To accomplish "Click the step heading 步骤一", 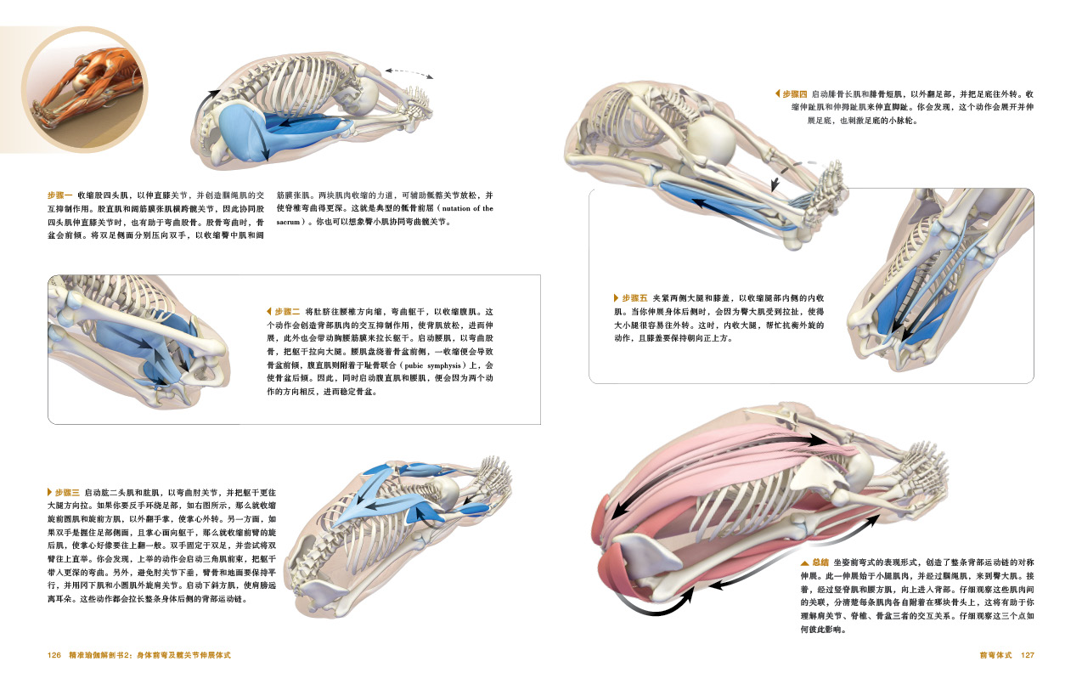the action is pos(60,195).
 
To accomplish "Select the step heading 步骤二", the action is pos(287,312).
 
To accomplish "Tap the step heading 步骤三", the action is pos(67,493).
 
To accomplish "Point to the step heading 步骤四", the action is pos(795,94).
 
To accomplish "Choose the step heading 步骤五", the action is pos(634,298).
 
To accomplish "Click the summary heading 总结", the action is pos(820,562).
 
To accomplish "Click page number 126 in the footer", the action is pos(54,655).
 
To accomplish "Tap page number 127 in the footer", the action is pos(1028,655).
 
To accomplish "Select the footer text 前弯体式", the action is pos(995,655).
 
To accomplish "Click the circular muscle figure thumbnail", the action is pos(85,90).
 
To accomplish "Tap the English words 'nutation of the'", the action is pos(468,209).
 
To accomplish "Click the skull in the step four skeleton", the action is pos(710,139).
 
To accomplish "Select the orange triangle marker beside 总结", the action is pos(805,562).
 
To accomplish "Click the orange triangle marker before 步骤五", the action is pos(616,298).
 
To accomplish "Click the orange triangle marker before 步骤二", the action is pos(269,312).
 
